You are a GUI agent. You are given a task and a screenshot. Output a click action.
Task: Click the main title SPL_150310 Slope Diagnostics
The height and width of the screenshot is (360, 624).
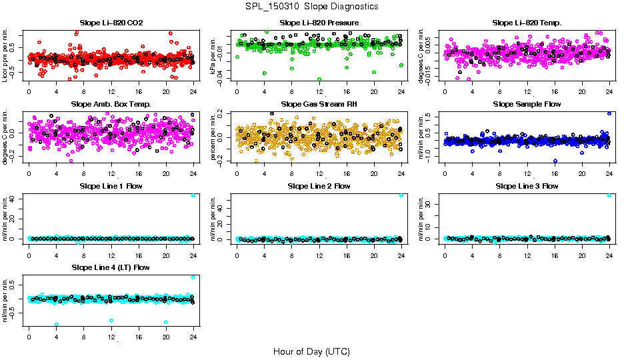click(x=311, y=6)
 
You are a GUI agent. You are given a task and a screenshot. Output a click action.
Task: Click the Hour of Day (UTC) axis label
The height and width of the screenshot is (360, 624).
click(x=311, y=351)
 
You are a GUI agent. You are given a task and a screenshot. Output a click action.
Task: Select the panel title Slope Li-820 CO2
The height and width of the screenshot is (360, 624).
click(x=111, y=23)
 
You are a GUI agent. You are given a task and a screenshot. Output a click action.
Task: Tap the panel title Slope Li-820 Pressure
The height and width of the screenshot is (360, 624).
click(x=319, y=23)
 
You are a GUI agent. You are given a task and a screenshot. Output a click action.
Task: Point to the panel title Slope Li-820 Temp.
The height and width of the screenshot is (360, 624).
click(x=527, y=23)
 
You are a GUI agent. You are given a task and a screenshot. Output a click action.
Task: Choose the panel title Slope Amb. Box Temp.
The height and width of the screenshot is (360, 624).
click(x=111, y=105)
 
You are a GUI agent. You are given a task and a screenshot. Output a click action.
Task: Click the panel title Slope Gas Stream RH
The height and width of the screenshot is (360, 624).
click(x=319, y=105)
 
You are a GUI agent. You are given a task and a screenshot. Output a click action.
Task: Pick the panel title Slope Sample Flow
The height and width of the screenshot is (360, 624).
click(x=527, y=105)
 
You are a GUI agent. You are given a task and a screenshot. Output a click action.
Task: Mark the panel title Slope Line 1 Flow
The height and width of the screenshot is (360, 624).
click(x=111, y=186)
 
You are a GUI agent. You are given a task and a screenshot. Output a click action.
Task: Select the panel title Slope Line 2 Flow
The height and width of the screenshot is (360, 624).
click(x=319, y=186)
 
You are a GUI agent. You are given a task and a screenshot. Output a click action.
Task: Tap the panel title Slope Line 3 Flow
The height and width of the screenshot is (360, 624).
click(x=527, y=186)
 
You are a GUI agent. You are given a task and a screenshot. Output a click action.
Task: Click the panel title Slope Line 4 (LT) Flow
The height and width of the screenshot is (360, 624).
click(x=111, y=267)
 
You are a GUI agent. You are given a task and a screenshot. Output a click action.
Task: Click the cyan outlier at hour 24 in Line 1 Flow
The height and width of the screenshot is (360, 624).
click(x=193, y=195)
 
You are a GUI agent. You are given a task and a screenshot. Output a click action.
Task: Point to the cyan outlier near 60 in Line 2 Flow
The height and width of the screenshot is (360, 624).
click(x=401, y=195)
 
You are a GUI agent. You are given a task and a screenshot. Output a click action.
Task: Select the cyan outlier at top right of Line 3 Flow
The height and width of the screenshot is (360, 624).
click(x=609, y=195)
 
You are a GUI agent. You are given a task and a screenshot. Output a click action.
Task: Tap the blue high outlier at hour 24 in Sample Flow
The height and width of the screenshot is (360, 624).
click(x=609, y=114)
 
